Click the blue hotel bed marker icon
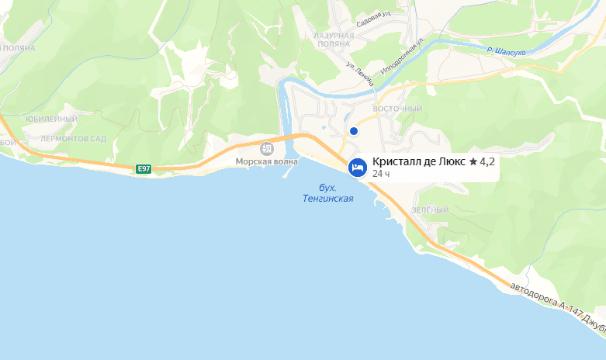click(x=357, y=167)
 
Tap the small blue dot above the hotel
click(x=354, y=131)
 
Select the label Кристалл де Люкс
click(x=419, y=161)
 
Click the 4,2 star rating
click(x=482, y=161)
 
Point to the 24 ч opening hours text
click(x=380, y=174)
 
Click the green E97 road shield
click(x=143, y=168)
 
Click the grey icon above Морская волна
click(x=266, y=148)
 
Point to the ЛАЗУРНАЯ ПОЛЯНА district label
click(x=335, y=40)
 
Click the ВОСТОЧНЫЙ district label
click(x=397, y=109)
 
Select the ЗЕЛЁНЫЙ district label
click(x=430, y=210)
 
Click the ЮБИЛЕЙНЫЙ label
click(x=50, y=119)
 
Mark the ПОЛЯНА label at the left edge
click(x=18, y=47)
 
